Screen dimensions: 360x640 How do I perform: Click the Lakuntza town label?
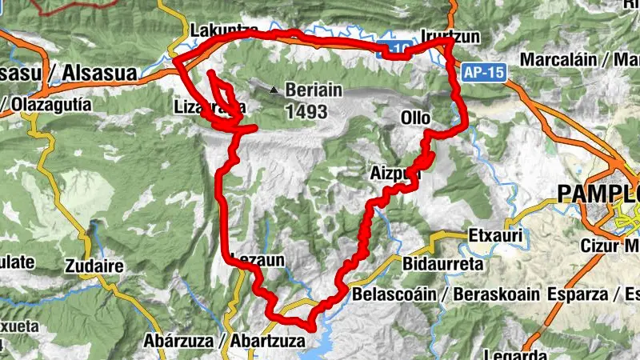tap(218, 30)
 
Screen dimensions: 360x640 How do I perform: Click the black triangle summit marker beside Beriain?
tap(276, 90)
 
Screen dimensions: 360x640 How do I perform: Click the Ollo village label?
tap(415, 118)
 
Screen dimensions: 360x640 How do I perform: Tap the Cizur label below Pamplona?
tap(602, 245)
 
